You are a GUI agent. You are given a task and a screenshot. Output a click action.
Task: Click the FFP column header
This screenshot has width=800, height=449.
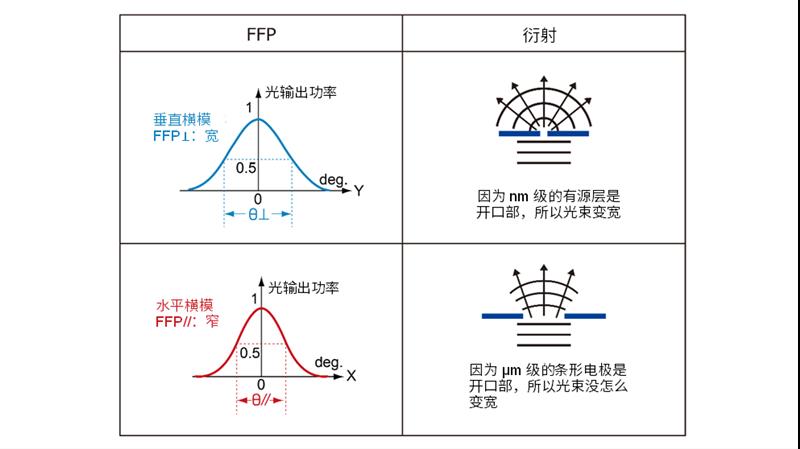tap(261, 34)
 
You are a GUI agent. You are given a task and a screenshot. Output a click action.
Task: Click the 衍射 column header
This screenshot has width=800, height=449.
tap(539, 35)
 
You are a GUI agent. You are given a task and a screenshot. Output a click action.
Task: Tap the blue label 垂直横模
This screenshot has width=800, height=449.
tap(182, 120)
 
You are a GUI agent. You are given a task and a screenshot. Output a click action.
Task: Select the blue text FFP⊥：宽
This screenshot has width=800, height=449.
tap(186, 136)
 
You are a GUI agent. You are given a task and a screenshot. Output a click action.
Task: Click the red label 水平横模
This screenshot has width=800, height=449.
tap(184, 305)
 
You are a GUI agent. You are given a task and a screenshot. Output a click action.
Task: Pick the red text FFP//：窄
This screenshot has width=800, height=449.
tap(187, 321)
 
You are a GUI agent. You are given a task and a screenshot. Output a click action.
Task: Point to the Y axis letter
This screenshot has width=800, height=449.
tap(359, 191)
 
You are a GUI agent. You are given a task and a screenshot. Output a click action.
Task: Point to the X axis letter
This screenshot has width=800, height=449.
tap(351, 376)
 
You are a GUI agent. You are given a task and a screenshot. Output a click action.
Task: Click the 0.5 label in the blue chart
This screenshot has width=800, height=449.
tap(246, 168)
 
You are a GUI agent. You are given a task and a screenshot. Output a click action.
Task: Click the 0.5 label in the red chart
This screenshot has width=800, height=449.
tap(249, 353)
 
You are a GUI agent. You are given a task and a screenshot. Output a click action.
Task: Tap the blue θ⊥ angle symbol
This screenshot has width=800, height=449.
tap(258, 214)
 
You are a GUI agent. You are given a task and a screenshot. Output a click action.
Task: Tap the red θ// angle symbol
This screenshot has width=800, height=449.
tap(261, 400)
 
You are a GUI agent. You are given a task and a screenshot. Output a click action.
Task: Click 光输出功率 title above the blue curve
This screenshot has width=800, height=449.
tap(301, 92)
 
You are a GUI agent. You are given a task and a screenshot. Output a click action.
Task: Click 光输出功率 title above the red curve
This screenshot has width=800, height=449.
tap(304, 288)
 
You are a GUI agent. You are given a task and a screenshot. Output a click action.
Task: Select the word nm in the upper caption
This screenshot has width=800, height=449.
tap(518, 196)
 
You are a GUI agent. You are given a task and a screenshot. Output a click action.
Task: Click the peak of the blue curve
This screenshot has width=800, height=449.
tap(258, 119)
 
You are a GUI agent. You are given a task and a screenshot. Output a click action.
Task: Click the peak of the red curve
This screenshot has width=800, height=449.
tap(261, 308)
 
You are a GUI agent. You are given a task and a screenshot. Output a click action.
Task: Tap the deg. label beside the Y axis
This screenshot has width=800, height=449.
tap(333, 180)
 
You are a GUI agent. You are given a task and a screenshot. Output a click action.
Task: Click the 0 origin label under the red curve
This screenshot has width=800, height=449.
tap(261, 385)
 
